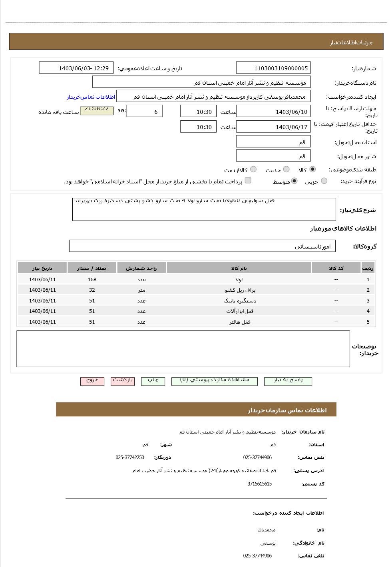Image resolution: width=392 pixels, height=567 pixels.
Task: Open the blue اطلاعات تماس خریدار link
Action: pyautogui.click(x=91, y=97)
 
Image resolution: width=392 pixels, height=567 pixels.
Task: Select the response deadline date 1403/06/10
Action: pyautogui.click(x=273, y=112)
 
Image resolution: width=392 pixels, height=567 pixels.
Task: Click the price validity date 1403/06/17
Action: pyautogui.click(x=273, y=127)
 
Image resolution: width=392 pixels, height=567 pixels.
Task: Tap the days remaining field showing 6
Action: pyautogui.click(x=144, y=112)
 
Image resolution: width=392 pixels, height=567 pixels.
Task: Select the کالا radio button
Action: pyautogui.click(x=312, y=169)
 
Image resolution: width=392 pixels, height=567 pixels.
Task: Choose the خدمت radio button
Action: pyautogui.click(x=286, y=169)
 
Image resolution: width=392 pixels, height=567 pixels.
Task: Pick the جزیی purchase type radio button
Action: pyautogui.click(x=324, y=181)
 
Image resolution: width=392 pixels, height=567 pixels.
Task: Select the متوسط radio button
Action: pyautogui.click(x=294, y=181)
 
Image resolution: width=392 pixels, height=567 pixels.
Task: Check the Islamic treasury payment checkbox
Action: pyautogui.click(x=248, y=181)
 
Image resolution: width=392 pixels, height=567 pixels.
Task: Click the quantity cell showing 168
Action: pyautogui.click(x=92, y=280)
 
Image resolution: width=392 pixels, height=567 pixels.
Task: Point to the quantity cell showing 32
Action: pyautogui.click(x=92, y=290)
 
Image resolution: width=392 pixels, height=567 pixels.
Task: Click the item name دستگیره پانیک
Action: pyautogui.click(x=239, y=301)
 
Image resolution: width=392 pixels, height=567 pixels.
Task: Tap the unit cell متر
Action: pyautogui.click(x=141, y=290)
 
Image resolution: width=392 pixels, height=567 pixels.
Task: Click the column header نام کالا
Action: pyautogui.click(x=239, y=269)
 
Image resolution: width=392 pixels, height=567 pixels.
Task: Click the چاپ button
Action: pyautogui.click(x=153, y=380)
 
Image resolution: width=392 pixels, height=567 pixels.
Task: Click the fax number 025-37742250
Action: pyautogui.click(x=130, y=458)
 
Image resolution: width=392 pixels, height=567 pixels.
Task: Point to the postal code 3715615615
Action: pyautogui.click(x=259, y=484)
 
